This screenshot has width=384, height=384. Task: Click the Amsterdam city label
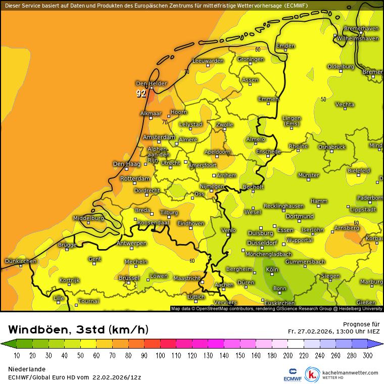pos(159,137)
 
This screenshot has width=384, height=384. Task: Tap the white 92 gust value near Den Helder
pos(141,93)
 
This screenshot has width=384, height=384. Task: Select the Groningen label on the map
pos(251,59)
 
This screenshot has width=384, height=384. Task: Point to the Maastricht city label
pos(186,278)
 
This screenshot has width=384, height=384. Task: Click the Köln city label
pos(272,270)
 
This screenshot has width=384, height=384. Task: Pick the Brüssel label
pos(128,278)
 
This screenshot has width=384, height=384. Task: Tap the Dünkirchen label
pos(20,261)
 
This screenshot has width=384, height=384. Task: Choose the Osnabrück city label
pos(331,147)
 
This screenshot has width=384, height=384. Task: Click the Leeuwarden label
pos(208,61)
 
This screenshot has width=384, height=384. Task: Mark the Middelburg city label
pos(88,218)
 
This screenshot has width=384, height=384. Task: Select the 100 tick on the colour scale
pos(160,356)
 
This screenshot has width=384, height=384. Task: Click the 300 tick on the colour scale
pos(367,356)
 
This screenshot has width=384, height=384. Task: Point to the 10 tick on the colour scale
pos(17,356)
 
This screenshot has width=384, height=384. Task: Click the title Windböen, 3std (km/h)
pos(78,330)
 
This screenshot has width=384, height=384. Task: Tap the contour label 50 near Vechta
pos(323,99)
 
